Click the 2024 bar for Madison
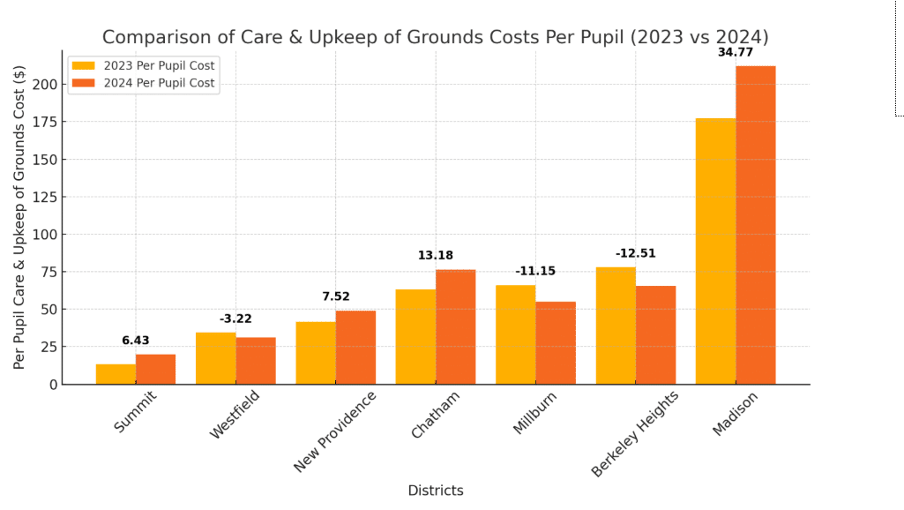756,225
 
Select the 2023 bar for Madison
715,251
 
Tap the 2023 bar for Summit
116,374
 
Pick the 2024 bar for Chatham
455,326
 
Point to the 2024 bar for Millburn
556,343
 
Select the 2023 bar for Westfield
215,358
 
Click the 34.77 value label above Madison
736,53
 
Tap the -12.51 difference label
636,254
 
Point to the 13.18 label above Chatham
436,256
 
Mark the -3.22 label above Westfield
235,319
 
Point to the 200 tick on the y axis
44,85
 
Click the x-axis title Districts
435,491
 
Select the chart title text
435,37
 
